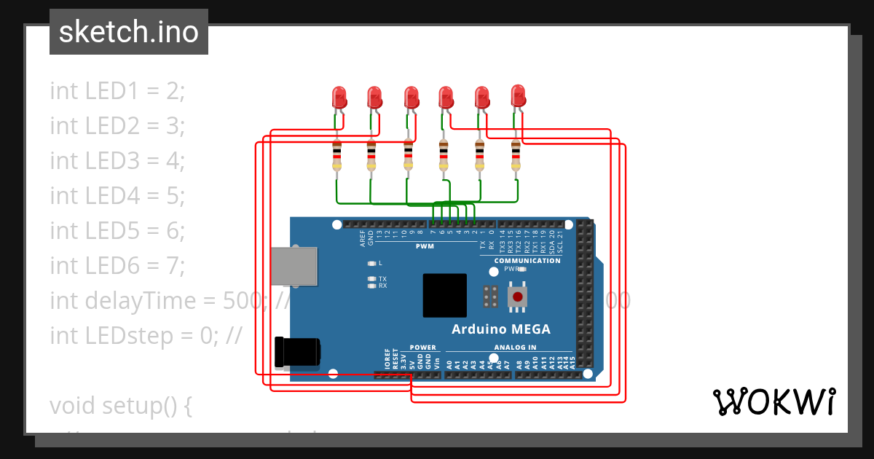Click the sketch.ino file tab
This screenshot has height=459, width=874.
(129, 32)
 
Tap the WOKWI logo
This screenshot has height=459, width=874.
(773, 401)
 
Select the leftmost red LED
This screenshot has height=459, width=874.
(339, 97)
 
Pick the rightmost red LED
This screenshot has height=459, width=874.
(518, 95)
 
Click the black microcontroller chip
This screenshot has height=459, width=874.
(444, 295)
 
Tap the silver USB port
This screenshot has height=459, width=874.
(294, 266)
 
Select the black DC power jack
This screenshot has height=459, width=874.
(296, 352)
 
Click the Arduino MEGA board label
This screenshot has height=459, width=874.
(501, 329)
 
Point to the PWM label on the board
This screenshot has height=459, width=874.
(425, 246)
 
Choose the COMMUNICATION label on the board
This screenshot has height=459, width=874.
(527, 261)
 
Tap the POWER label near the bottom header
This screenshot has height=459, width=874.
(422, 348)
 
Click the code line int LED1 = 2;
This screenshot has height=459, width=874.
(118, 91)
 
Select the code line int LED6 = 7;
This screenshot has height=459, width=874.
(118, 266)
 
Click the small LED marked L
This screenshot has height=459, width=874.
(372, 263)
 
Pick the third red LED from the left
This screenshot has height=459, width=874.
(411, 97)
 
